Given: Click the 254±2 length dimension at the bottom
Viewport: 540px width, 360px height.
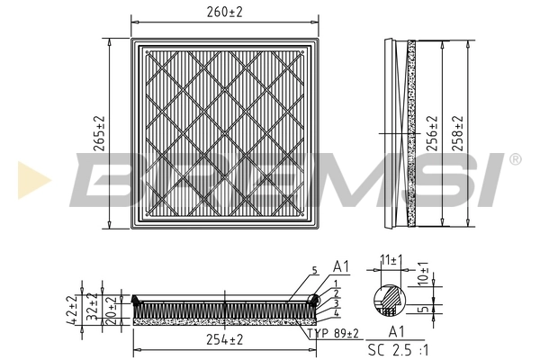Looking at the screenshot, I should pyautogui.click(x=224, y=339).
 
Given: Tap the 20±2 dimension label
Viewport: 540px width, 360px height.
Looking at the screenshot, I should pyautogui.click(x=110, y=310).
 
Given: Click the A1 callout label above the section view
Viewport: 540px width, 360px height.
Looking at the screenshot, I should pyautogui.click(x=340, y=267).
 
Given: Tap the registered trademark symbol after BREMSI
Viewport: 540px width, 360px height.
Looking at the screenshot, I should pyautogui.click(x=515, y=159).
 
